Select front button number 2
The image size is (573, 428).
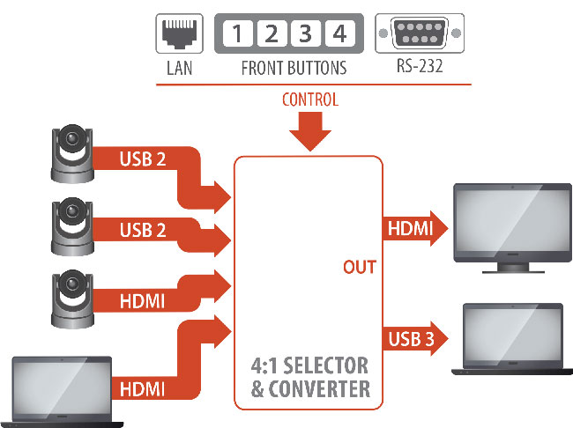(x=271, y=35)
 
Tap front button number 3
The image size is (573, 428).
(x=304, y=35)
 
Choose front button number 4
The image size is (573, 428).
(x=338, y=35)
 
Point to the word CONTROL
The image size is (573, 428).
(x=309, y=100)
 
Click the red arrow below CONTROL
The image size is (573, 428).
(x=309, y=132)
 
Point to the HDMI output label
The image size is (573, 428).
(x=410, y=230)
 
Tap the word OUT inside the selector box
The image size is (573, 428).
(x=360, y=267)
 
